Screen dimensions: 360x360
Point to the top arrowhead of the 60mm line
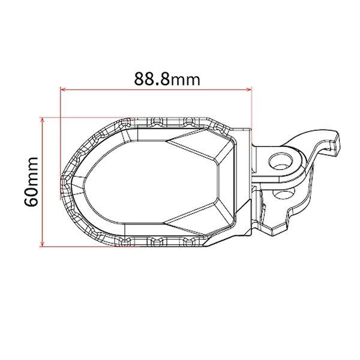(42, 118)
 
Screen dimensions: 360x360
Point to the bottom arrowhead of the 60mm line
(42, 244)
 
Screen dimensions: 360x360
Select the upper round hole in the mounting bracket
(279, 160)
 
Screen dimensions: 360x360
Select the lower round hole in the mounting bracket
(279, 196)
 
